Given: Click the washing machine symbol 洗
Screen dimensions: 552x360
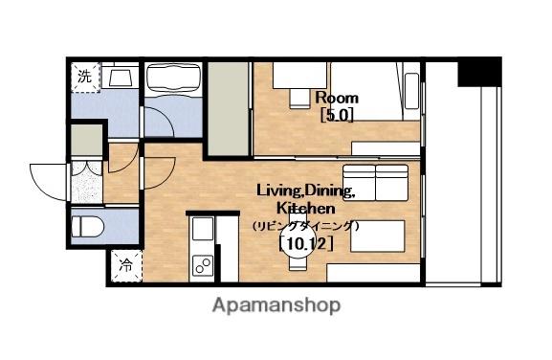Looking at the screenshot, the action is (x=85, y=78).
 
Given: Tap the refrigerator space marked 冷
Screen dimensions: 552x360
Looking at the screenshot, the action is (x=126, y=266).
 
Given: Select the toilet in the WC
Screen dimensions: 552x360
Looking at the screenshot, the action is (x=88, y=227).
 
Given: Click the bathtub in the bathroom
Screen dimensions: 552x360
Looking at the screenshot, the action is (x=173, y=79).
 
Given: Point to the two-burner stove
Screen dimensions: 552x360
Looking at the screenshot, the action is (x=204, y=265).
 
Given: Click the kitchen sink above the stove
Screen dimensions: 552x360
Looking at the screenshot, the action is (x=203, y=229).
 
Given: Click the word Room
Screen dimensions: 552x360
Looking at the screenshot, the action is (x=337, y=98).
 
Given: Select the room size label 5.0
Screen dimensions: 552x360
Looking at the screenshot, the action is (x=337, y=115).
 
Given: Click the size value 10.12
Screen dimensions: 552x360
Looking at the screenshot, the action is (x=305, y=244).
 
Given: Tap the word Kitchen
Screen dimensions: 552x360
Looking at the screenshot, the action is (x=305, y=208).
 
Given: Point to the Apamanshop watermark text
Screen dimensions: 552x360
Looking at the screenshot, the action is (x=276, y=305).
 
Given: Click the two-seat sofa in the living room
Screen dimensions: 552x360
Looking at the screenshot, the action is (x=376, y=183).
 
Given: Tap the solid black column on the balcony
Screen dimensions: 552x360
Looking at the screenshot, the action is (x=479, y=72).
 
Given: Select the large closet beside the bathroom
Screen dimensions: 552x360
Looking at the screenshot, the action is (x=228, y=109).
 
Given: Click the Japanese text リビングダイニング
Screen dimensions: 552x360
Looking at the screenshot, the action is (x=305, y=226).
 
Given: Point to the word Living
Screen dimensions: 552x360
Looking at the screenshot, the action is (x=277, y=191).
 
